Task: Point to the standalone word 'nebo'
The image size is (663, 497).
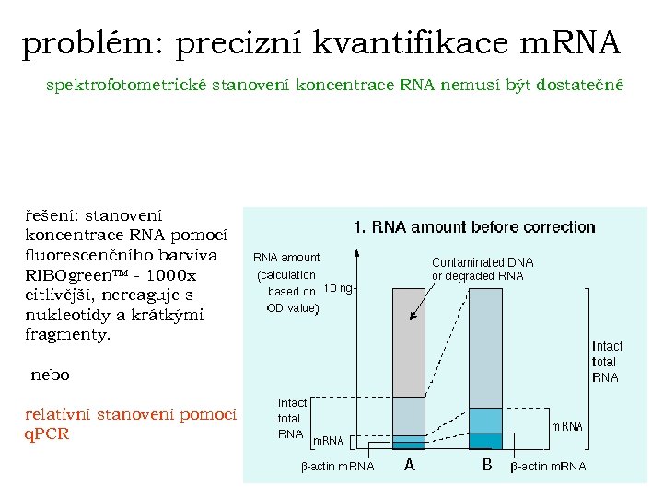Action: point(50,375)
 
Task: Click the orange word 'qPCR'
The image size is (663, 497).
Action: point(47,433)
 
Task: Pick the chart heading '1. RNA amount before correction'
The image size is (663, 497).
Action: point(475,226)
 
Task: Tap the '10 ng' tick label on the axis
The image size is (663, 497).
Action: point(337,287)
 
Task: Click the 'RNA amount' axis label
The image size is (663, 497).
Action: point(286,258)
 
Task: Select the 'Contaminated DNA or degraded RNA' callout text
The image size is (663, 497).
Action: point(483,269)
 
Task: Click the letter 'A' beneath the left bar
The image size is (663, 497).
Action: point(410,465)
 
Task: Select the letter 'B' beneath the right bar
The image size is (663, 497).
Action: point(487,465)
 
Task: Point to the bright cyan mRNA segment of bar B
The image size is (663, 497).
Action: point(486,420)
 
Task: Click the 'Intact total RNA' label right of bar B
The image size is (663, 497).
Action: point(606,362)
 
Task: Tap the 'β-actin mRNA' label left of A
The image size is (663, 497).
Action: point(338,467)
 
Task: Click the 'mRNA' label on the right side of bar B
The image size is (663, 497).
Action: point(566,426)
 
